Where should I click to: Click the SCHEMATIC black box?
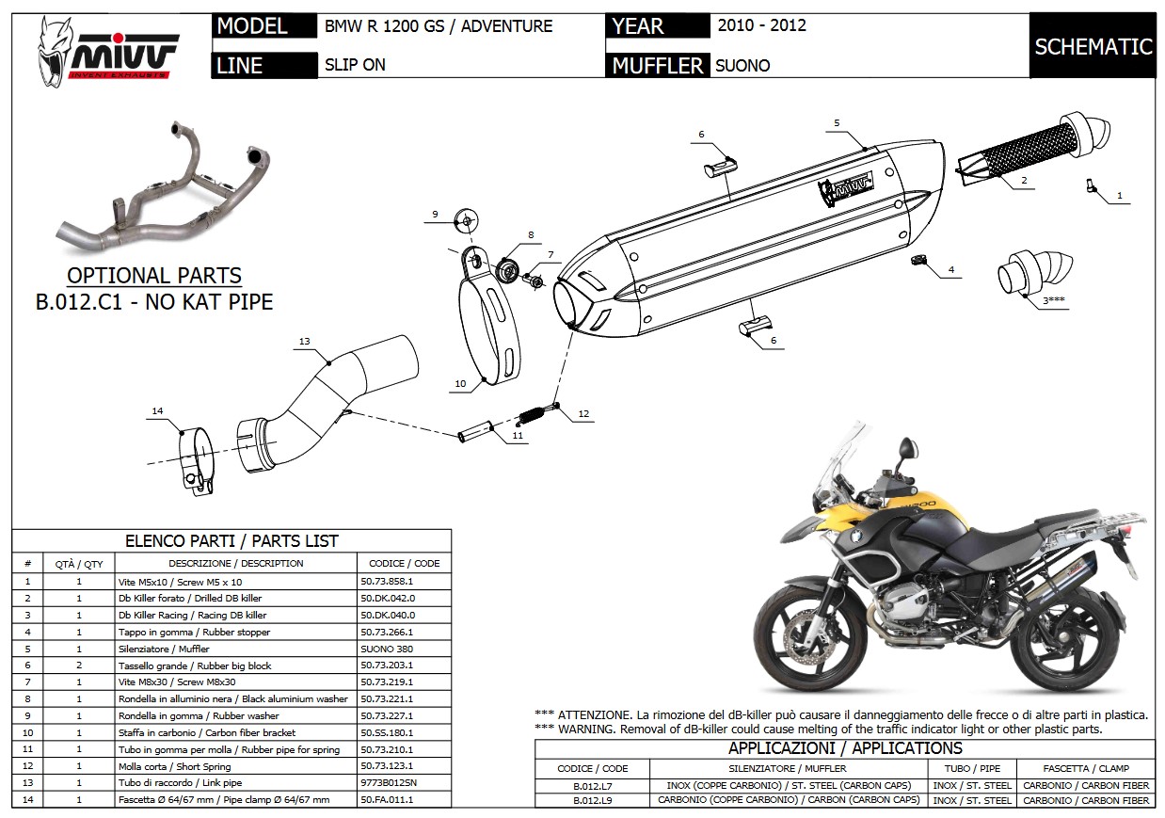(1093, 46)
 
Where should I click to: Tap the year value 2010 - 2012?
(761, 25)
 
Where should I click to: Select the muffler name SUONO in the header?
(742, 65)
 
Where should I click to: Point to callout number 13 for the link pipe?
(304, 341)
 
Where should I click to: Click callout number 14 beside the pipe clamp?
(157, 411)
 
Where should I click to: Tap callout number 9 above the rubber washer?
(435, 215)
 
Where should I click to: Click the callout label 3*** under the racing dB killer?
(1053, 300)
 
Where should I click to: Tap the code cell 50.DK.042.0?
(387, 598)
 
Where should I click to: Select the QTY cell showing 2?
(79, 666)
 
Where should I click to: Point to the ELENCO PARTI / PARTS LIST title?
(231, 540)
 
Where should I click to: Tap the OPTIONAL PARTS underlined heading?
(154, 277)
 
